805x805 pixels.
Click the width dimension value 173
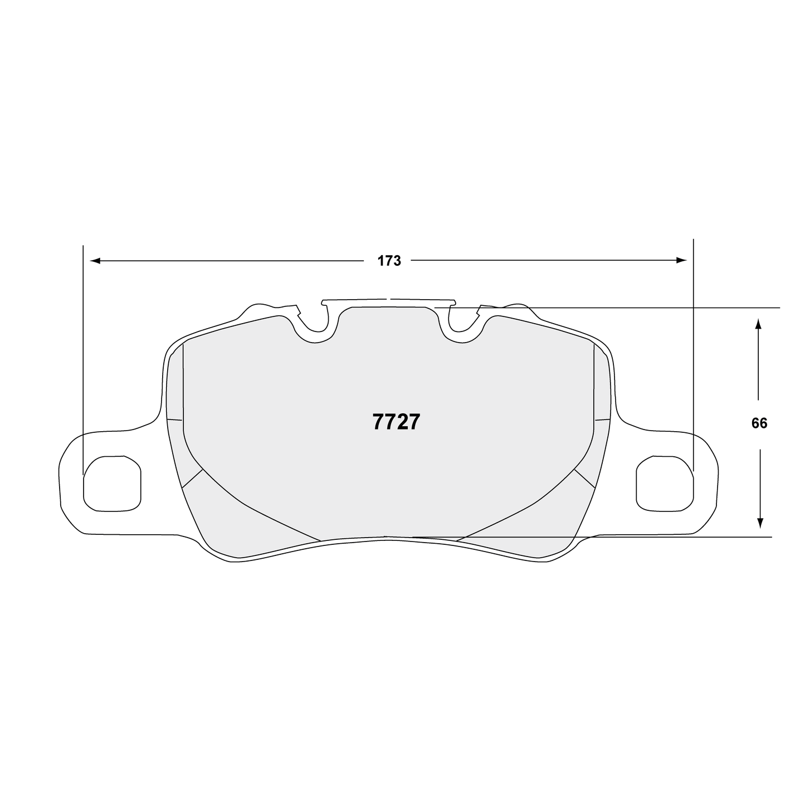click(389, 261)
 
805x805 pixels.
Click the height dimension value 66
click(759, 423)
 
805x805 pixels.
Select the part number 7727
click(396, 422)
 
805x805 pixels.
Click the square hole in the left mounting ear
click(111, 482)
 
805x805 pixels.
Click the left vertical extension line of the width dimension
click(83, 357)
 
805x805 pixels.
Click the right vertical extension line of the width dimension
click(694, 357)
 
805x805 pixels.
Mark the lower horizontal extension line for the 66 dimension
click(669, 537)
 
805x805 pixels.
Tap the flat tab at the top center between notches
click(389, 301)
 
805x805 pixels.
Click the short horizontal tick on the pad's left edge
click(175, 419)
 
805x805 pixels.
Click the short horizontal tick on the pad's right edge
click(603, 419)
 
